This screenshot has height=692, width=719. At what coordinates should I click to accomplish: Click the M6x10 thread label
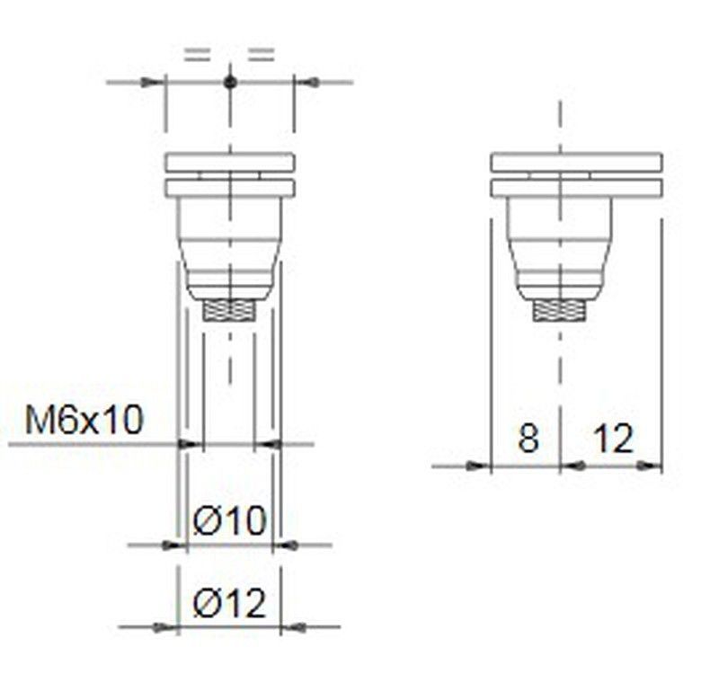pyautogui.click(x=84, y=420)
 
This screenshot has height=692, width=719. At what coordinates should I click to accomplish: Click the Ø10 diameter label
pyautogui.click(x=230, y=520)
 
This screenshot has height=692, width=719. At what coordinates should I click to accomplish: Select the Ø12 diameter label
pyautogui.click(x=230, y=605)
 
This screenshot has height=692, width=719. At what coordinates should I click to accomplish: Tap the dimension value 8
pyautogui.click(x=528, y=439)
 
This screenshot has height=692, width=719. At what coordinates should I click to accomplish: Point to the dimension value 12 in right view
pyautogui.click(x=613, y=439)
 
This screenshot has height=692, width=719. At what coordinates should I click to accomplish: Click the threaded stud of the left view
pyautogui.click(x=230, y=311)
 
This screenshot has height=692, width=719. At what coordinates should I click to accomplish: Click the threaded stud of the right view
pyautogui.click(x=559, y=311)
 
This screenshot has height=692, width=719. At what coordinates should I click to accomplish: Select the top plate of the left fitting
pyautogui.click(x=230, y=163)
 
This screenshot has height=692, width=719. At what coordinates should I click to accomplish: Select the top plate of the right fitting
pyautogui.click(x=576, y=163)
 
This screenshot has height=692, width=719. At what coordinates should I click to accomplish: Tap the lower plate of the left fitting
pyautogui.click(x=230, y=188)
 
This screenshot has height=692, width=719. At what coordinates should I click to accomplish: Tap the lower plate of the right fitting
pyautogui.click(x=576, y=188)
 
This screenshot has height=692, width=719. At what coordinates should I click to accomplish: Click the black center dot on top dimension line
pyautogui.click(x=230, y=83)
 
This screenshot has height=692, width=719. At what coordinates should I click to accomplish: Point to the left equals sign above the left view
pyautogui.click(x=197, y=55)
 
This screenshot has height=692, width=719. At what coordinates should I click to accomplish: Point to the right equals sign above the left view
pyautogui.click(x=261, y=55)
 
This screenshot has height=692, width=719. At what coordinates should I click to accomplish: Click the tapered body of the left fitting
pyautogui.click(x=230, y=247)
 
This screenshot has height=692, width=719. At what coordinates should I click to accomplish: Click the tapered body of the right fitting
pyautogui.click(x=559, y=247)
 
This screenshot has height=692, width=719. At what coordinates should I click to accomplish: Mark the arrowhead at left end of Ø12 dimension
pyautogui.click(x=166, y=626)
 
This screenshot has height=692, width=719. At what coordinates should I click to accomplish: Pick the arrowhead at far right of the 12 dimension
pyautogui.click(x=651, y=466)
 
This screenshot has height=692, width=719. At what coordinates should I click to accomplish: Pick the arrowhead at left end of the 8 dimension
pyautogui.click(x=479, y=466)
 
